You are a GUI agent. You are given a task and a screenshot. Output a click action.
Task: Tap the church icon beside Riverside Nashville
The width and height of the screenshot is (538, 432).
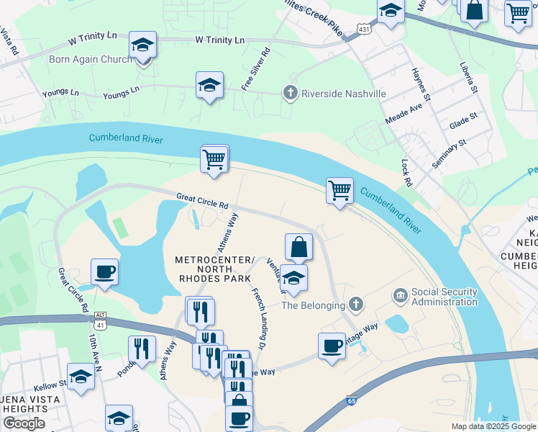pyautogui.click(x=290, y=94)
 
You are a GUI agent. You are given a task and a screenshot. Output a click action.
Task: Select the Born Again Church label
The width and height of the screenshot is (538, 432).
pyautogui.click(x=90, y=59)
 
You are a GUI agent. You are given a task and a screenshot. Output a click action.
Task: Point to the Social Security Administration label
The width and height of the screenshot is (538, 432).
pyautogui.click(x=444, y=297)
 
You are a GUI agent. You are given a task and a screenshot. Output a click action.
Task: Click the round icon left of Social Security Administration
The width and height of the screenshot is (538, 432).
pyautogui.click(x=400, y=295)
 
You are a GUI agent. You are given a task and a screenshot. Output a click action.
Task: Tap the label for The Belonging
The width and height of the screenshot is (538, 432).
pyautogui.click(x=313, y=305)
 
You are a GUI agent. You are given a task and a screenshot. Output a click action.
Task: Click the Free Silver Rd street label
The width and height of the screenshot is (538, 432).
pyautogui.click(x=256, y=70)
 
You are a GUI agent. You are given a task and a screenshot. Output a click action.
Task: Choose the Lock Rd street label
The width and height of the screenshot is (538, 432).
pyautogui.click(x=407, y=173)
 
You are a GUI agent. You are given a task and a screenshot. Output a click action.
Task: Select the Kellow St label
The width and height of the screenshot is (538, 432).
pyautogui.click(x=50, y=384)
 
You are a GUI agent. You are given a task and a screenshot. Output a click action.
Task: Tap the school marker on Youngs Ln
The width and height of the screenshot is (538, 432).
pyautogui.click(x=209, y=86)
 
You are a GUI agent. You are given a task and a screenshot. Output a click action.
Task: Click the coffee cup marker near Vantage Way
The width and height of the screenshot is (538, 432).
pyautogui.click(x=332, y=346)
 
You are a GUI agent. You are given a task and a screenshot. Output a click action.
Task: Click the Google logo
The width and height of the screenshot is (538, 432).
pyautogui.click(x=24, y=423)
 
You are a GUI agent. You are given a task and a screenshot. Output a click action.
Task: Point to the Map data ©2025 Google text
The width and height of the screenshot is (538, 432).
pyautogui.click(x=493, y=426)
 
